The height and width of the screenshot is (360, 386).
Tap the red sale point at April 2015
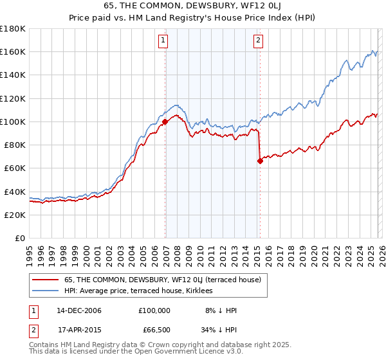pyautogui.click(x=260, y=161)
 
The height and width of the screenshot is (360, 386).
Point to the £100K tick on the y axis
pyautogui.click(x=13, y=122)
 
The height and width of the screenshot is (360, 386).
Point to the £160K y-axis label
pyautogui.click(x=13, y=51)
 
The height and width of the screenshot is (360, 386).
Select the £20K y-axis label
pyautogui.click(x=15, y=215)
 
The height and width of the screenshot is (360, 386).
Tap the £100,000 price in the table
pyautogui.click(x=154, y=310)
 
